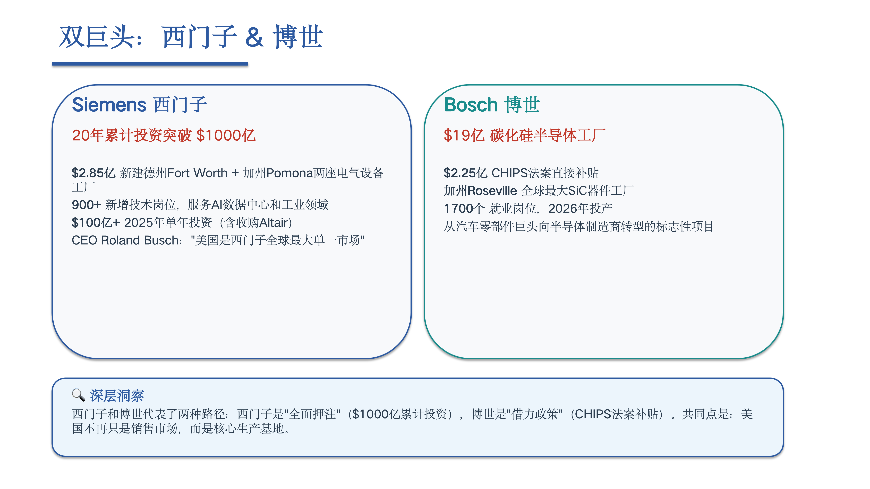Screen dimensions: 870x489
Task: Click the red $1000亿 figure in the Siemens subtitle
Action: [x=226, y=135]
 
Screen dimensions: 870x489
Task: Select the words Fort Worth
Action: [x=197, y=173]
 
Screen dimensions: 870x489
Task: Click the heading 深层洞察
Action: [x=117, y=396]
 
